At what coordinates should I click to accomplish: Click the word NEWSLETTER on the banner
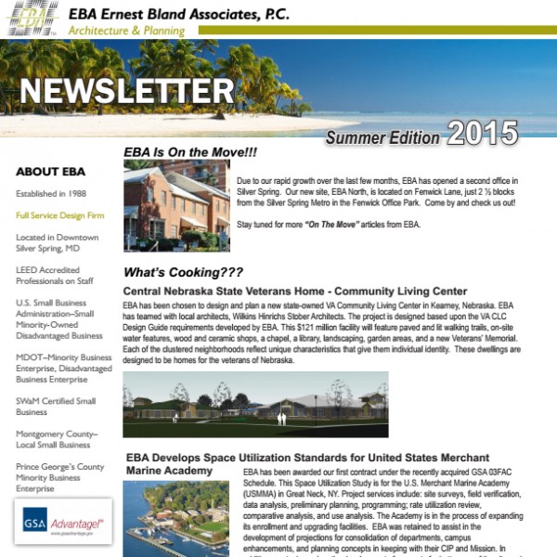127,91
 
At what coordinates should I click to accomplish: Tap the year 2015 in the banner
483,134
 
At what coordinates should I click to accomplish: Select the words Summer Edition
382,137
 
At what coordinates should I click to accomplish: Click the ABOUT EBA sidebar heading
50,172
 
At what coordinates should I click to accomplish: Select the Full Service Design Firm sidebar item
59,215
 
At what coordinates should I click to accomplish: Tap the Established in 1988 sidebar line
57,194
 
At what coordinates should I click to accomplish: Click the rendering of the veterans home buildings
255,405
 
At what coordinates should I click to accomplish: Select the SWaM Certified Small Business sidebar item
56,406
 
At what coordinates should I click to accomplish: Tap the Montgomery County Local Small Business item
57,439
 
